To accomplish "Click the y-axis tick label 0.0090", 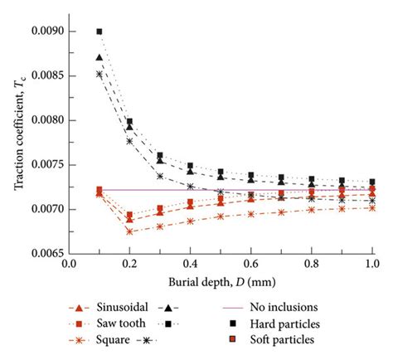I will [x=45, y=32].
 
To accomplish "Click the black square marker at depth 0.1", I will [x=99, y=32].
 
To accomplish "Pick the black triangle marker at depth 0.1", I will [x=99, y=58].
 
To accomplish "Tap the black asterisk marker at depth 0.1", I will [x=99, y=74].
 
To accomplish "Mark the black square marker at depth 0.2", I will [x=130, y=122].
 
